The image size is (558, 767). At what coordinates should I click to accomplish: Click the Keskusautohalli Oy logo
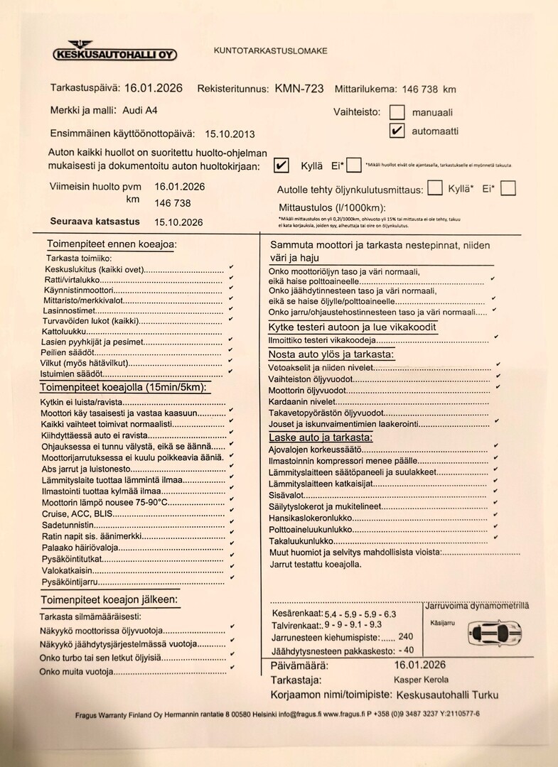pyautogui.click(x=116, y=52)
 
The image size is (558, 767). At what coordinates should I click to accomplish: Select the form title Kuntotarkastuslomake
pyautogui.click(x=270, y=50)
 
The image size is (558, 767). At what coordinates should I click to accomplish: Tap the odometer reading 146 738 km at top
pyautogui.click(x=429, y=89)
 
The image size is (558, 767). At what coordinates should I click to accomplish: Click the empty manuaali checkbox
pyautogui.click(x=397, y=112)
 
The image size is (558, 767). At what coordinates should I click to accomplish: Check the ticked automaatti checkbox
pyautogui.click(x=397, y=131)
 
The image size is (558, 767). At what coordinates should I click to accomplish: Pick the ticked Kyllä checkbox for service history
pyautogui.click(x=281, y=165)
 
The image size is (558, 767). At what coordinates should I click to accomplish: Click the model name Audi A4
pyautogui.click(x=141, y=111)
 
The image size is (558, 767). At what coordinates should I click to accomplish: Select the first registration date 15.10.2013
pyautogui.click(x=230, y=134)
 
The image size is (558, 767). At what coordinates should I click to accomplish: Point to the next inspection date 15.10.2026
pyautogui.click(x=178, y=222)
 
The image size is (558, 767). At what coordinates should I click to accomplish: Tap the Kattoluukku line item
pyautogui.click(x=65, y=331)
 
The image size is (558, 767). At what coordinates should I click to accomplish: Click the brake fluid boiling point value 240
pyautogui.click(x=405, y=637)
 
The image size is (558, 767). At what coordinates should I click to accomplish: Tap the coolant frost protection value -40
pyautogui.click(x=406, y=649)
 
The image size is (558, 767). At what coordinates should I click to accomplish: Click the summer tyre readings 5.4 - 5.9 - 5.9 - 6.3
pyautogui.click(x=360, y=614)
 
